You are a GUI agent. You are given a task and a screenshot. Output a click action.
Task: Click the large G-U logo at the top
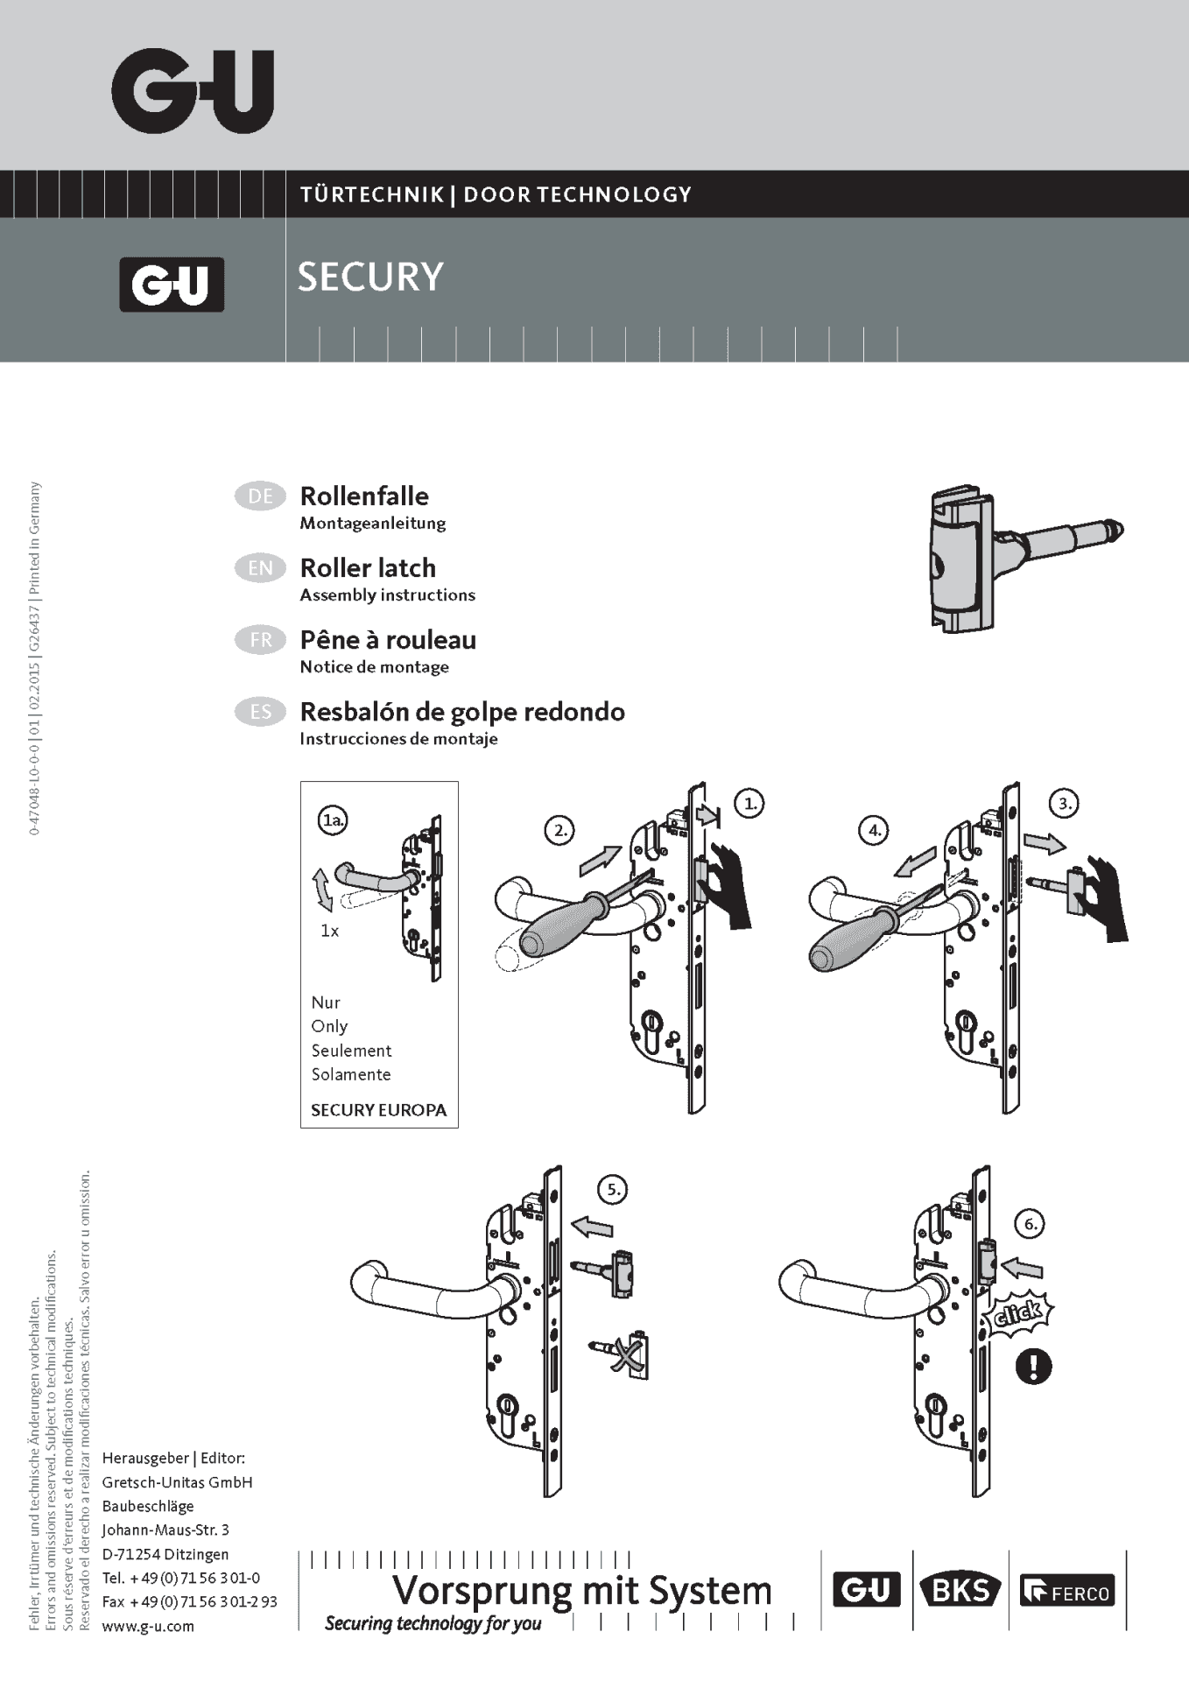pyautogui.click(x=193, y=91)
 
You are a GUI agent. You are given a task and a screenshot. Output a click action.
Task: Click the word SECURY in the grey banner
pyautogui.click(x=370, y=277)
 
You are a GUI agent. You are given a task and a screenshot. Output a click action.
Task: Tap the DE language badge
pyautogui.click(x=260, y=496)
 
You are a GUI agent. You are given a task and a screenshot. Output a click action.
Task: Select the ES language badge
pyautogui.click(x=260, y=712)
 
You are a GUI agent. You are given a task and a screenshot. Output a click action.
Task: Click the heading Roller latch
pyautogui.click(x=368, y=568)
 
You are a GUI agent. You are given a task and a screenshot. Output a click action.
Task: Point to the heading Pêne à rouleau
pyautogui.click(x=388, y=640)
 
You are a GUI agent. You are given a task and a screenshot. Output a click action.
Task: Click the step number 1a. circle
pyautogui.click(x=333, y=820)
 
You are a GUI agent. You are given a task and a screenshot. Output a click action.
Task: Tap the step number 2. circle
pyautogui.click(x=559, y=830)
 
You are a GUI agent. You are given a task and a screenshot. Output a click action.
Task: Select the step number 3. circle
pyautogui.click(x=1064, y=803)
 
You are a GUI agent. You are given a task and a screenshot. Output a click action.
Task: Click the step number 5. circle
pyautogui.click(x=613, y=1190)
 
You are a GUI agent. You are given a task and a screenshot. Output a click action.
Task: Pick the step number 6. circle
pyautogui.click(x=1031, y=1224)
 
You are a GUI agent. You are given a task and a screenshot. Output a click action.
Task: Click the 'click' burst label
pyautogui.click(x=1019, y=1312)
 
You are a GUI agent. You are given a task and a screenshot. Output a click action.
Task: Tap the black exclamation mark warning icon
pyautogui.click(x=1033, y=1366)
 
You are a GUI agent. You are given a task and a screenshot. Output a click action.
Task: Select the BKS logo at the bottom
pyautogui.click(x=960, y=1590)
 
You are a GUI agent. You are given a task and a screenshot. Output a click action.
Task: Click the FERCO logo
pyautogui.click(x=1067, y=1591)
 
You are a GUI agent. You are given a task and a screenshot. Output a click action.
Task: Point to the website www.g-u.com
pyautogui.click(x=148, y=1626)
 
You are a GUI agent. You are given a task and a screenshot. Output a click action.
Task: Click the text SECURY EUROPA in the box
pyautogui.click(x=378, y=1110)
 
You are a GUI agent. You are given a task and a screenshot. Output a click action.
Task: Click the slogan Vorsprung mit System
pyautogui.click(x=582, y=1590)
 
